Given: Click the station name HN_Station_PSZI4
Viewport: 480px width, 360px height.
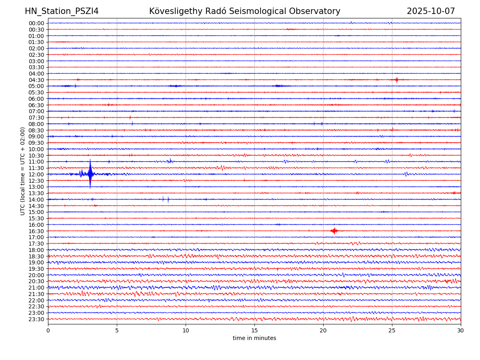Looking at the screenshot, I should (x=62, y=11).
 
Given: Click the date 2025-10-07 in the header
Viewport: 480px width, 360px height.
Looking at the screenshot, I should (x=431, y=11).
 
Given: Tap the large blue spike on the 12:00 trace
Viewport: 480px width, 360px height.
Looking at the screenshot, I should (x=90, y=174).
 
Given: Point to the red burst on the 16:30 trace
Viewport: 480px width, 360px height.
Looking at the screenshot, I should (x=334, y=230).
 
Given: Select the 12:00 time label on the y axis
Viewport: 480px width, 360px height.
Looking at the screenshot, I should (x=36, y=174).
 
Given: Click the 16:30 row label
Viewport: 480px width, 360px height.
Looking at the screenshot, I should (x=36, y=231).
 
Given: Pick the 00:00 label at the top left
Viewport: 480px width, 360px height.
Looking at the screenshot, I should (x=36, y=23).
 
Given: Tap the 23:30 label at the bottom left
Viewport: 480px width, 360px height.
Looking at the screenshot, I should (x=36, y=319).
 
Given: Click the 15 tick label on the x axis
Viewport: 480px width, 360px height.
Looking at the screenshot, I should (x=254, y=331).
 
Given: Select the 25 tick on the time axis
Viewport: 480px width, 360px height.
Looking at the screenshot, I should (x=392, y=331).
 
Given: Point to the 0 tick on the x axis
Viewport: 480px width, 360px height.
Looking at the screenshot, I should (x=48, y=331).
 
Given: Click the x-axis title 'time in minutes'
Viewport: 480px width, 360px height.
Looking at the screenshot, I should (x=254, y=338).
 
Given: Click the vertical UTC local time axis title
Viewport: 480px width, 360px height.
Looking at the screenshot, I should (x=23, y=171).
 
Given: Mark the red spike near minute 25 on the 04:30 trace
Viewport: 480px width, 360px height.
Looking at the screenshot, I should (x=396, y=80).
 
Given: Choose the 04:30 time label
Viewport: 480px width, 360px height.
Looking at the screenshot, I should (x=36, y=80).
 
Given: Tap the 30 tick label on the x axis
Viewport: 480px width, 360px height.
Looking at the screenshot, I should (x=461, y=331).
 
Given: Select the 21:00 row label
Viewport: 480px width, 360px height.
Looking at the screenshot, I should (x=36, y=288).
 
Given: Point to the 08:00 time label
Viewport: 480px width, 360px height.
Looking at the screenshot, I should (x=36, y=124).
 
